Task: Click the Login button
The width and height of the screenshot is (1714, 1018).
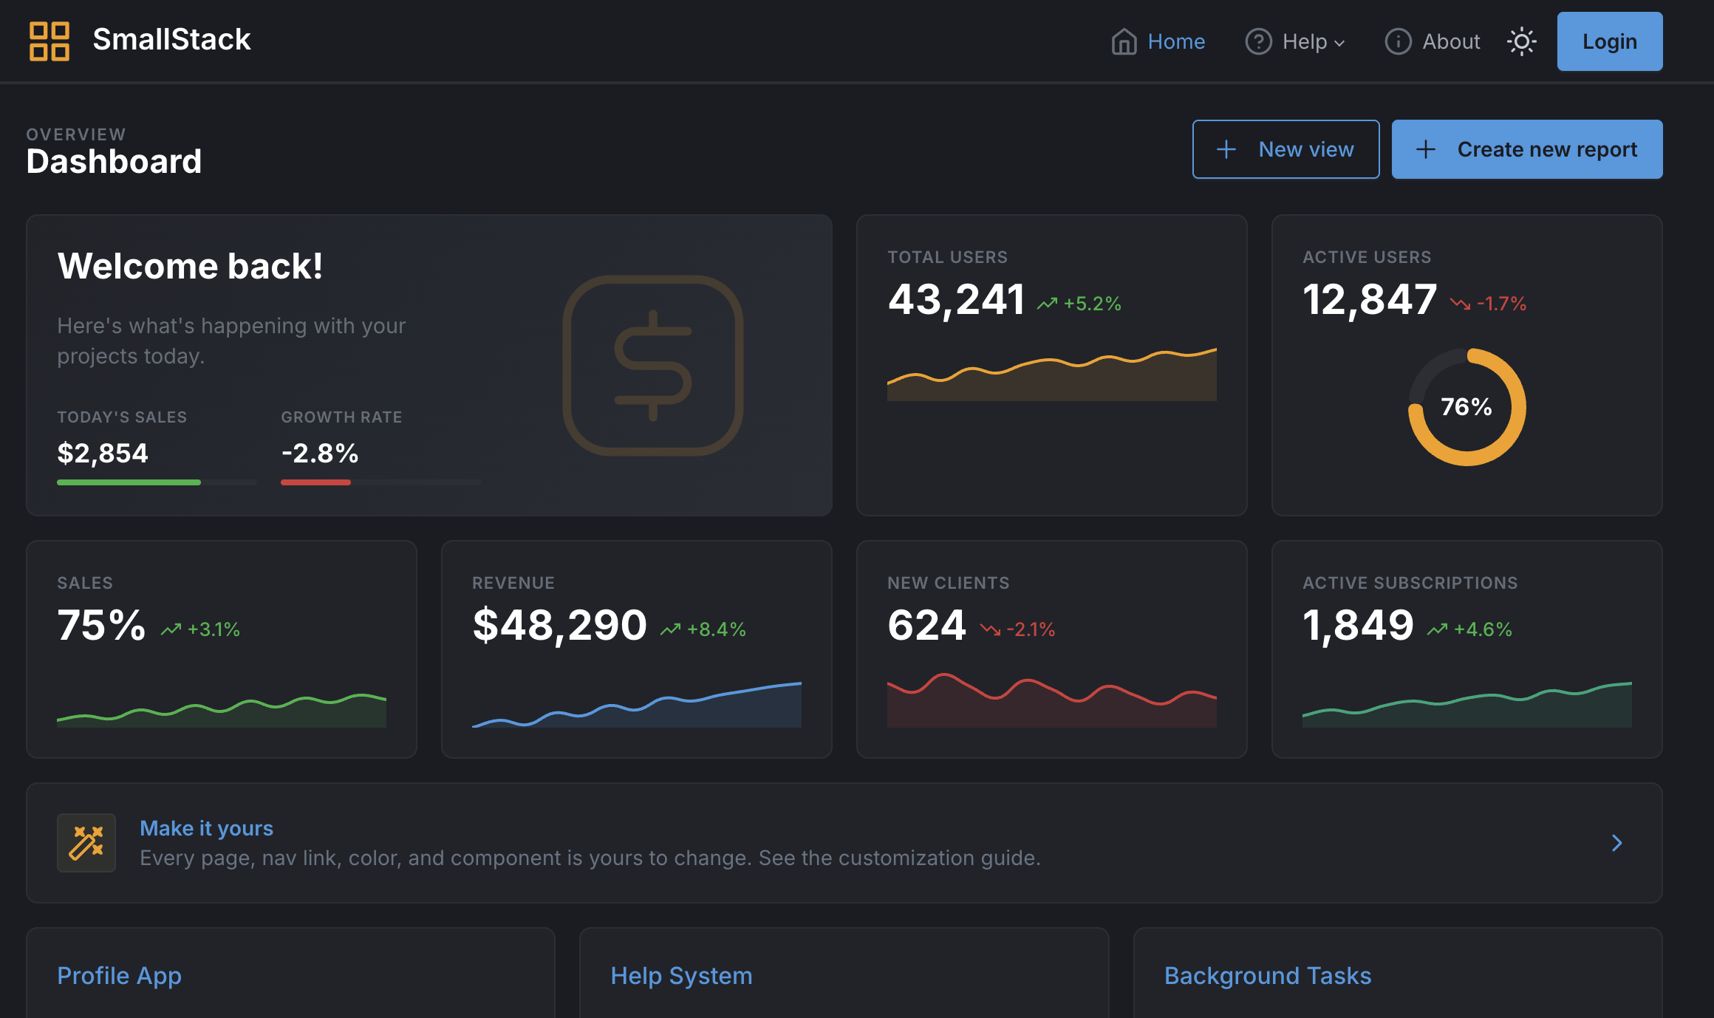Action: point(1609,41)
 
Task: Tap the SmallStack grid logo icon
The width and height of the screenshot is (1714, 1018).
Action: point(49,41)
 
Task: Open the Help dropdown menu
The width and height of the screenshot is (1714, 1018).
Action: point(1295,41)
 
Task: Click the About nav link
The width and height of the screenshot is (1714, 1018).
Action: point(1433,41)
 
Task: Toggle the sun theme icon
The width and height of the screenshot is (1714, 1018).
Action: point(1521,41)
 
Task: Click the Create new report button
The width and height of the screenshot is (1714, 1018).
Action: point(1526,149)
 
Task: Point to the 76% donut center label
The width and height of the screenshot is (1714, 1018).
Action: point(1466,406)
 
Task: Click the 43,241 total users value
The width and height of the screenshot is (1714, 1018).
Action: point(956,300)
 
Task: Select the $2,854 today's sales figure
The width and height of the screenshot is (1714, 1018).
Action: point(103,453)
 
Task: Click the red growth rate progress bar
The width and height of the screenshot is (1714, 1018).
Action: point(315,482)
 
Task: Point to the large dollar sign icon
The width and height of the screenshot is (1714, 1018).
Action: point(653,366)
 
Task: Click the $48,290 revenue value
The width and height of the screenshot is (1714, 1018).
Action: point(559,626)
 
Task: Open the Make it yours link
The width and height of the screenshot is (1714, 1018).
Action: point(206,828)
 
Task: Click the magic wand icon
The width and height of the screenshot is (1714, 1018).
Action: point(86,843)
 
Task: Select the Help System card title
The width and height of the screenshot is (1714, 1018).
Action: point(681,976)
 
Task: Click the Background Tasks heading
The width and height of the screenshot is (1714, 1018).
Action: point(1267,976)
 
